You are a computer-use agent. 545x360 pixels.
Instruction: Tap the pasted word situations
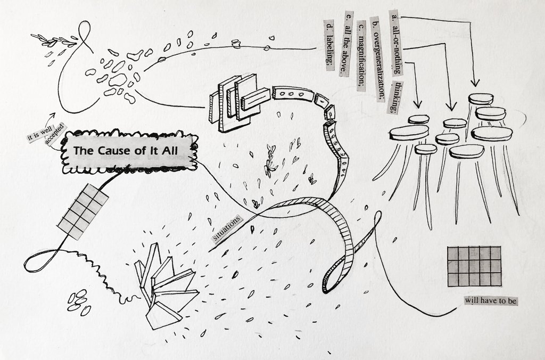pos(227,228)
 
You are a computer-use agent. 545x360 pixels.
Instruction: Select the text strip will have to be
pos(491,301)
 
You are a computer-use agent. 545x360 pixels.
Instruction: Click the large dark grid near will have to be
pos(475,266)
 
